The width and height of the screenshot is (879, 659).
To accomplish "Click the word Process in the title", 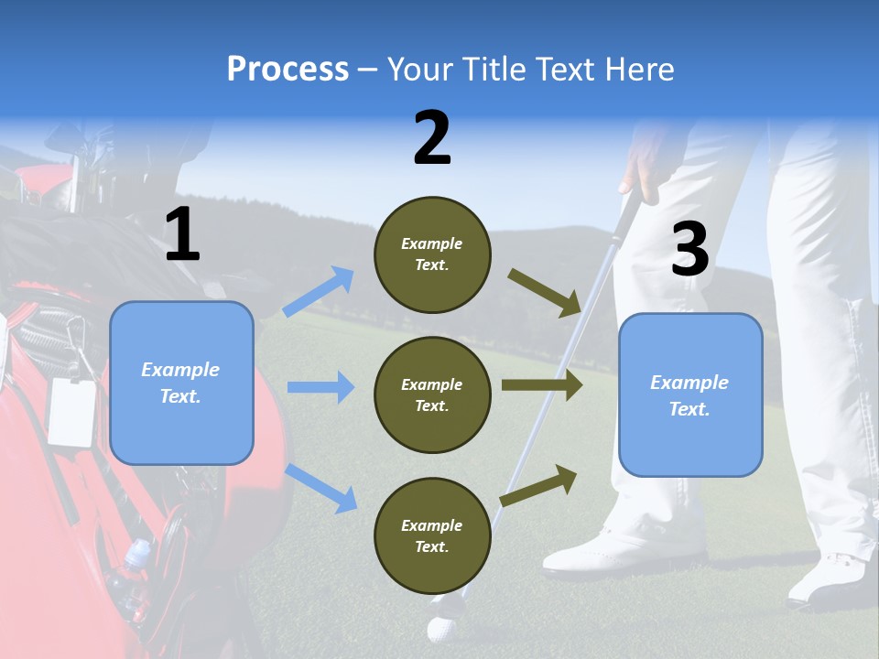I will (288, 70).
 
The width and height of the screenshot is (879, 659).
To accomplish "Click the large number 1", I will (182, 235).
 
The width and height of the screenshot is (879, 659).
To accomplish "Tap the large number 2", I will (432, 138).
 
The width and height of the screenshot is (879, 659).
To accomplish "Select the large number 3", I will (690, 250).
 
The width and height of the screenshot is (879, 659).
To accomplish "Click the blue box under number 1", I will (181, 383).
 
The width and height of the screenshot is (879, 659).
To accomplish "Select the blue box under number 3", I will (690, 394).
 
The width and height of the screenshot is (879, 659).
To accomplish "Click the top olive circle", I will (432, 254).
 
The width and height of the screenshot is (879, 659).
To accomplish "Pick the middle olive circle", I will (432, 394).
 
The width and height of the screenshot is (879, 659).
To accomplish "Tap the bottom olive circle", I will (432, 535).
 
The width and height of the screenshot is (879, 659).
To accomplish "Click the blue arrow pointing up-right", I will (319, 292).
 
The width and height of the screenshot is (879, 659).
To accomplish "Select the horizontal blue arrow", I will (320, 387).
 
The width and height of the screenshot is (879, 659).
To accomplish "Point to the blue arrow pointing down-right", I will (321, 488).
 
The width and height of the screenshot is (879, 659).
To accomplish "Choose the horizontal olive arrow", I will (542, 384).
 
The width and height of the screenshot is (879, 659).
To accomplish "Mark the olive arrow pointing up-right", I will (538, 485).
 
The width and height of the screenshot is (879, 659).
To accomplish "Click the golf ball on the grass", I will (441, 629).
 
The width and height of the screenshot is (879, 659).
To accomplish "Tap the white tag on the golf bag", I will (71, 412).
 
